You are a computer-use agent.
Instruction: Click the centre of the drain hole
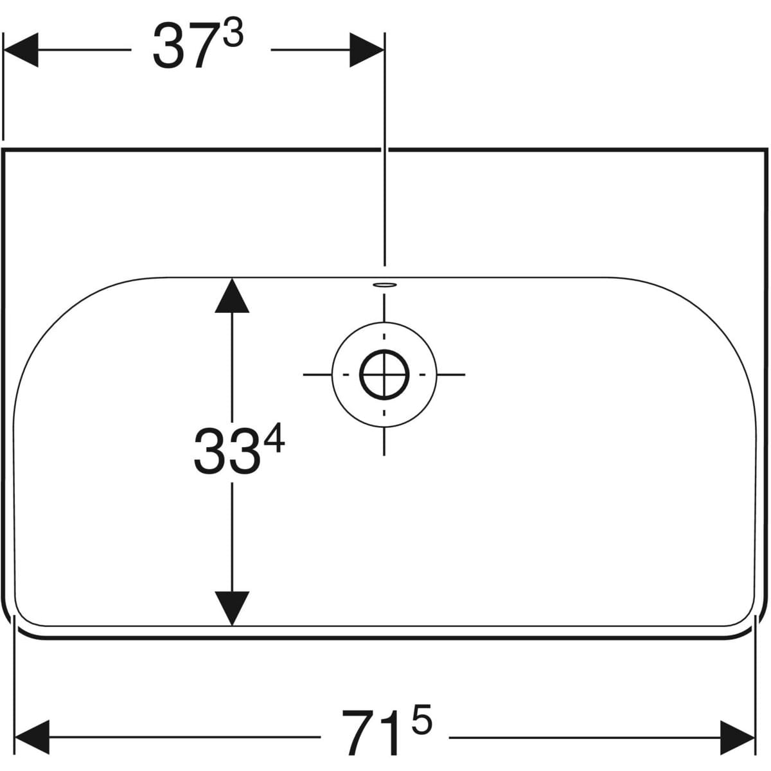(x=384, y=375)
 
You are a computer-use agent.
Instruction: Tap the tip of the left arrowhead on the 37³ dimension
(x=4, y=50)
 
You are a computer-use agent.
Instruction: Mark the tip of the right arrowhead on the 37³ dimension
(x=384, y=50)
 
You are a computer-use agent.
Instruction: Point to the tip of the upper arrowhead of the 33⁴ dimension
(x=232, y=278)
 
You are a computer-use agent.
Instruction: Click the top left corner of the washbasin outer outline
(x=3, y=150)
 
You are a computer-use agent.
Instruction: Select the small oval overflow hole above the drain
(x=384, y=285)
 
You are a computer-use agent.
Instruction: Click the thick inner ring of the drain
(x=384, y=375)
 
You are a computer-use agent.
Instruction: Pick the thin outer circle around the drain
(x=384, y=375)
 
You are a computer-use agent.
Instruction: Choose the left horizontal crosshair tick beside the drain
(x=317, y=375)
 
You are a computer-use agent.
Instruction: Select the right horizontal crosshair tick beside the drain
(x=451, y=375)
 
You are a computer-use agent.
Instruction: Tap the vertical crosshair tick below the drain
(x=384, y=441)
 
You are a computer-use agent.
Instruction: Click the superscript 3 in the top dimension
(x=233, y=35)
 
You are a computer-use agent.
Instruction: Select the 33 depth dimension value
(x=226, y=451)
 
